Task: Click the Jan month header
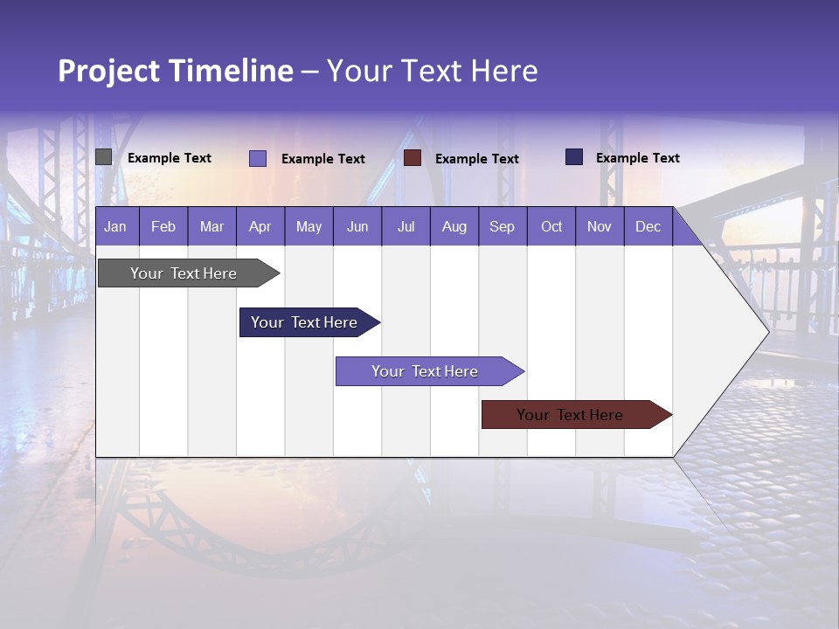pos(115,226)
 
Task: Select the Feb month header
pos(163,226)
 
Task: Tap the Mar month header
pos(211,226)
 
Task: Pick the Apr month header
pos(260,226)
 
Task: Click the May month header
pos(309,226)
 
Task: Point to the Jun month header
pos(357,226)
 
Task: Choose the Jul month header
pos(406,226)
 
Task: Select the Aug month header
pos(454,226)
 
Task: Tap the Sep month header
pos(502,226)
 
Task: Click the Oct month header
pos(551,226)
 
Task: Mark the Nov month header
pos(600,226)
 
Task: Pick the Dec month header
pos(648,226)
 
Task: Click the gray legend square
pos(104,157)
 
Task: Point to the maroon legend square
pos(413,158)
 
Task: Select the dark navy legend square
pos(574,157)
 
